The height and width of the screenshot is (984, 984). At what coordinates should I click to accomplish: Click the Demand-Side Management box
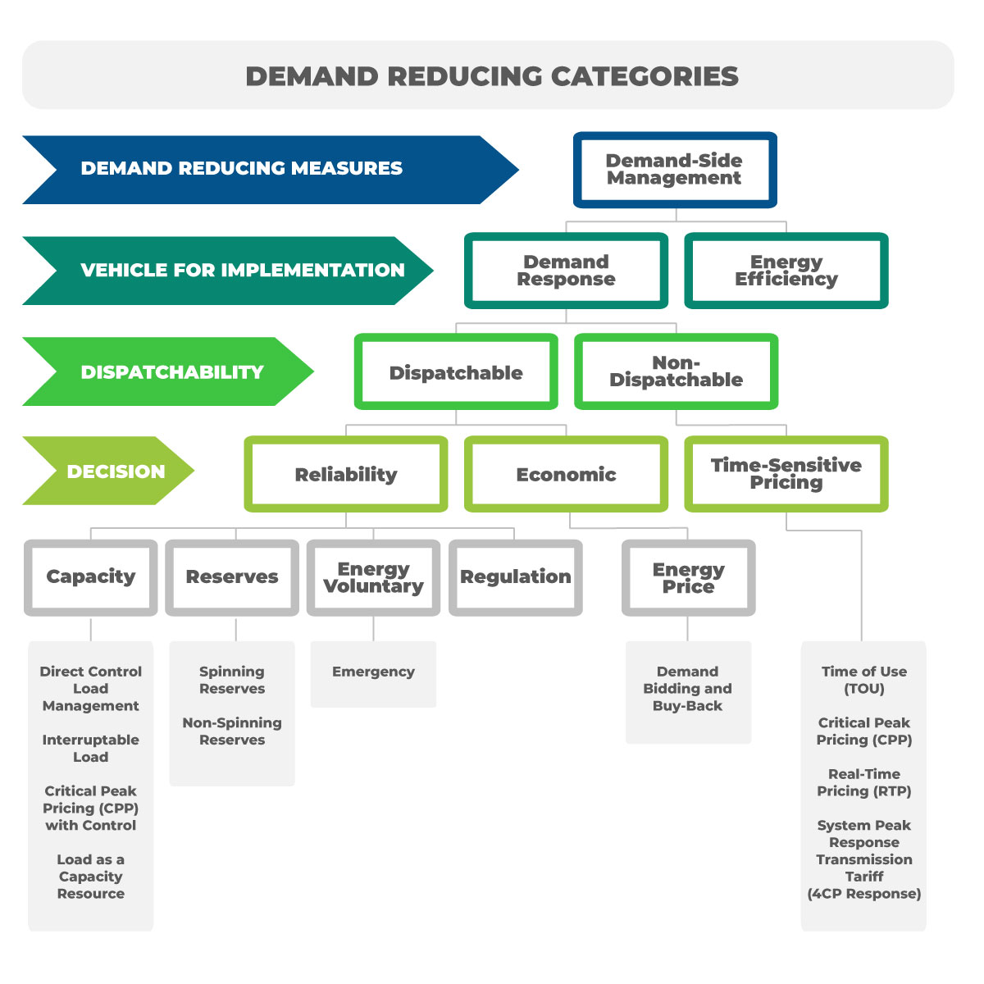pyautogui.click(x=674, y=170)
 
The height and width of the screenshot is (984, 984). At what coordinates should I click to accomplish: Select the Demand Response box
pyautogui.click(x=566, y=271)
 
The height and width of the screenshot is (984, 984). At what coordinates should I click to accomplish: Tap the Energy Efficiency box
pyautogui.click(x=786, y=271)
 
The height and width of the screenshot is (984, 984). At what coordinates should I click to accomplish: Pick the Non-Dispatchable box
pyautogui.click(x=676, y=371)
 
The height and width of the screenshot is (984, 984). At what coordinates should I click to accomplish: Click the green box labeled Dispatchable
pyautogui.click(x=456, y=372)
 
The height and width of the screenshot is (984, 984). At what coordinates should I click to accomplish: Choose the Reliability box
pyautogui.click(x=345, y=474)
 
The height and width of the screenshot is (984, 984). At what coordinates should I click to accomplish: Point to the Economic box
pyautogui.click(x=566, y=474)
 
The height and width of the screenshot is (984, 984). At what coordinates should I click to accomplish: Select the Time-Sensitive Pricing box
pyautogui.click(x=786, y=474)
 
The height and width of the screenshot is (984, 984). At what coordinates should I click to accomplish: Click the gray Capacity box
pyautogui.click(x=90, y=576)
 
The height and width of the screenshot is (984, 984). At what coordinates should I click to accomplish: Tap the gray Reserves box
pyautogui.click(x=232, y=576)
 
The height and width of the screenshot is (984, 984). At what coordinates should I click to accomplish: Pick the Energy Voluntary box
pyautogui.click(x=373, y=576)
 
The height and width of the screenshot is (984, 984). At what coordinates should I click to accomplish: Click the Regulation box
pyautogui.click(x=515, y=576)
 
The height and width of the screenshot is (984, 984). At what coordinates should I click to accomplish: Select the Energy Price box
pyautogui.click(x=688, y=577)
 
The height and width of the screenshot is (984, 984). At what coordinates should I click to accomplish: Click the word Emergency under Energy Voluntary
pyautogui.click(x=373, y=672)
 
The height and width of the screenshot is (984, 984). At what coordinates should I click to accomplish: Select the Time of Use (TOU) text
pyautogui.click(x=863, y=680)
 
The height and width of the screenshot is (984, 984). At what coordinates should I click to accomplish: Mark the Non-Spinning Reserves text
pyautogui.click(x=232, y=731)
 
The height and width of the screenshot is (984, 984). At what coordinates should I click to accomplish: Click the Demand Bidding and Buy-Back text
pyautogui.click(x=687, y=689)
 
